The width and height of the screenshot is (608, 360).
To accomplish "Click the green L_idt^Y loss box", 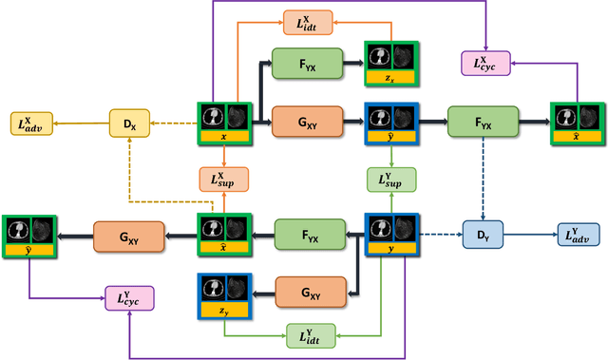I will [x=310, y=334].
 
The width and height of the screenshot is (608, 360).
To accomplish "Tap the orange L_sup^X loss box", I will [x=223, y=178].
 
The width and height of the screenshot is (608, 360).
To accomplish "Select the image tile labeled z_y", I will [x=223, y=294].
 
